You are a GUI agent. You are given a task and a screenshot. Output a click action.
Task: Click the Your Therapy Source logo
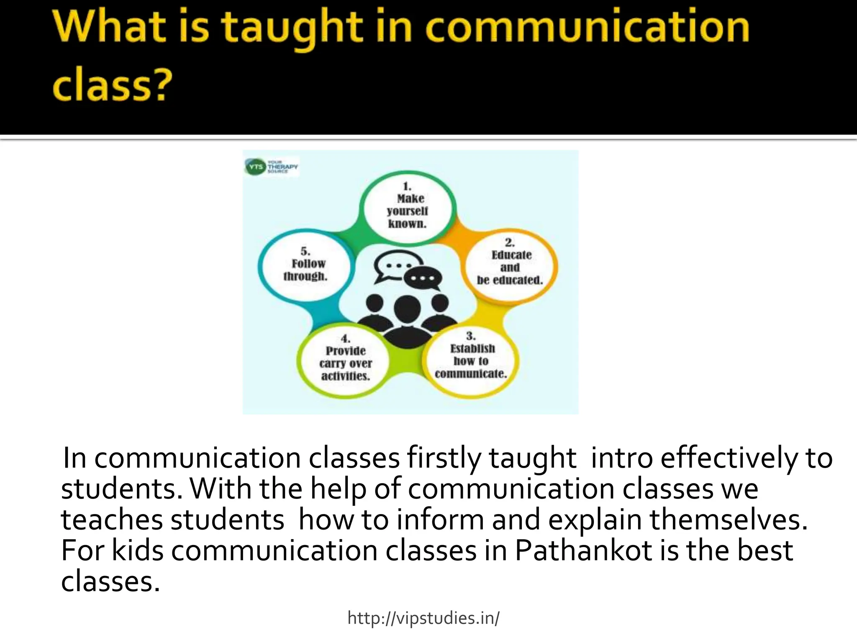tap(271, 167)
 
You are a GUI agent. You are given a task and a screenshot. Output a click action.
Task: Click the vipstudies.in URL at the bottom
tap(423, 618)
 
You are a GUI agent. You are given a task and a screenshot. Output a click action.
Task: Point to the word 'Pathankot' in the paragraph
tap(583, 550)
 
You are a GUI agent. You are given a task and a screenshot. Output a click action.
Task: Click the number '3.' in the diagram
tap(471, 336)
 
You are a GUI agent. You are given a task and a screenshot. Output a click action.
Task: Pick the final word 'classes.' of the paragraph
tap(110, 582)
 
